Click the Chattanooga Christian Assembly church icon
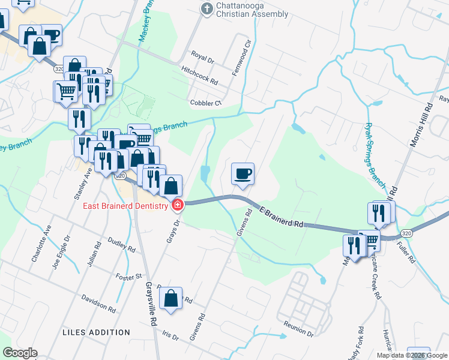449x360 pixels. coord(206,8)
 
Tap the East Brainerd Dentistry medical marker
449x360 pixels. coord(178,206)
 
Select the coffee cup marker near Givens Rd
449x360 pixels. coord(243,175)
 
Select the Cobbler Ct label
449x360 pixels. coord(205,103)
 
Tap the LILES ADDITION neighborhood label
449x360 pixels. coord(96,332)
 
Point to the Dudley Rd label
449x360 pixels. coord(119,243)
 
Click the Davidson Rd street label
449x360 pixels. coord(98,303)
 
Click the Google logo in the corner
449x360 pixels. coord(20,353)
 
